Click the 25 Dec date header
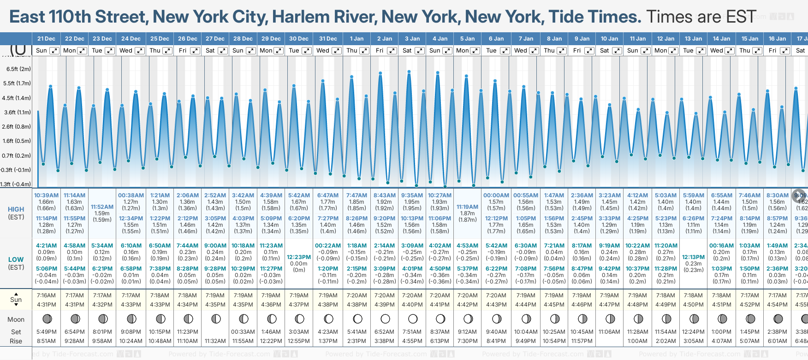pyautogui.click(x=160, y=39)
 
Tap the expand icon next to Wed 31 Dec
pyautogui.click(x=337, y=51)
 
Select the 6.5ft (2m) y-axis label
pyautogui.click(x=18, y=69)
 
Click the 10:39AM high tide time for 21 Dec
pyautogui.click(x=46, y=195)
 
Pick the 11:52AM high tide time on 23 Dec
pyautogui.click(x=102, y=207)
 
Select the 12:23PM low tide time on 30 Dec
pyautogui.click(x=299, y=257)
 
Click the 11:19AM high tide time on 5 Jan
pyautogui.click(x=467, y=207)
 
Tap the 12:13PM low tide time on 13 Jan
pyautogui.click(x=693, y=257)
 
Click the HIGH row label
pyautogui.click(x=16, y=209)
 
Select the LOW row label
pyautogui.click(x=16, y=260)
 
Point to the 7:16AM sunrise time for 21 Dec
pyautogui.click(x=46, y=295)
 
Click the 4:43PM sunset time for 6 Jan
pyautogui.click(x=496, y=305)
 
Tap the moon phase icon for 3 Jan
pyautogui.click(x=413, y=319)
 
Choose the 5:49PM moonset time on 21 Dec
pyautogui.click(x=46, y=332)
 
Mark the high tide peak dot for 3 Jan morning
pyautogui.click(x=409, y=71)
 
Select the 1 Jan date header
pyautogui.click(x=356, y=39)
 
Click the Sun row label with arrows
pyautogui.click(x=16, y=300)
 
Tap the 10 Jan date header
pyautogui.click(x=609, y=39)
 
